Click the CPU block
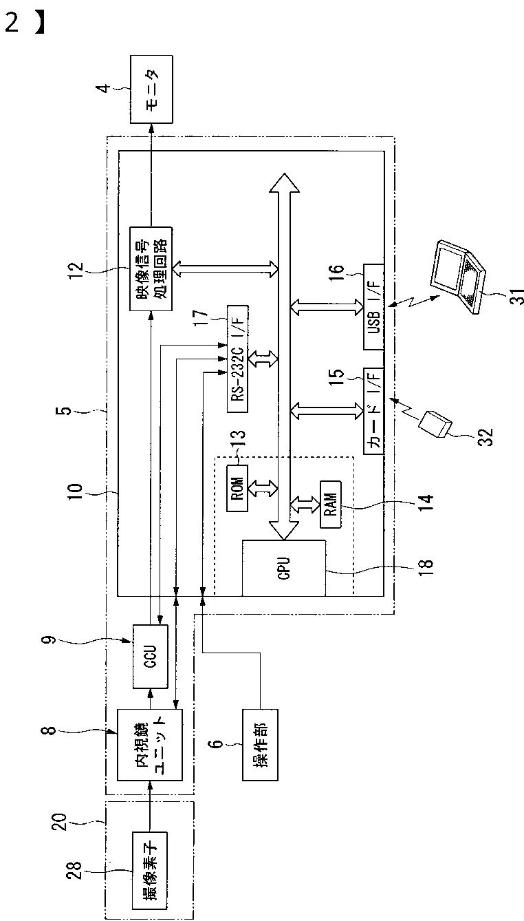pyautogui.click(x=284, y=568)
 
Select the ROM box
pyautogui.click(x=237, y=488)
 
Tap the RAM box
pyautogui.click(x=331, y=504)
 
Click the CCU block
pyautogui.click(x=151, y=656)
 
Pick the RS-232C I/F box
pyautogui.click(x=237, y=359)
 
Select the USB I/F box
pyautogui.click(x=373, y=307)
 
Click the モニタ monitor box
pyautogui.click(x=151, y=89)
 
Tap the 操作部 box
pyautogui.click(x=260, y=745)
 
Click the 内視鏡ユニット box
pyautogui.click(x=150, y=745)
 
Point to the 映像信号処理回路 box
pyautogui.click(x=151, y=268)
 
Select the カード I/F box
pyautogui.click(x=373, y=411)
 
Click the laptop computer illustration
pyautogui.click(x=457, y=275)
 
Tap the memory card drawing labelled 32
pyautogui.click(x=435, y=424)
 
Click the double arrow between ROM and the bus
pyautogui.click(x=263, y=488)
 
